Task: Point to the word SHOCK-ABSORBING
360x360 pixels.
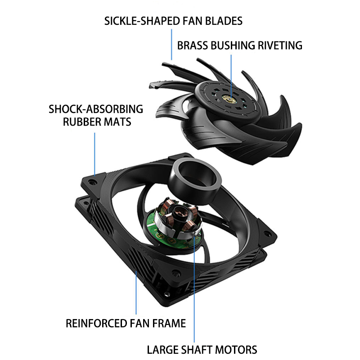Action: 95,109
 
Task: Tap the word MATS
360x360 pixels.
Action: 117,122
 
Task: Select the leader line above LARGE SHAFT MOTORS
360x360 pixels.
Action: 194,292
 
